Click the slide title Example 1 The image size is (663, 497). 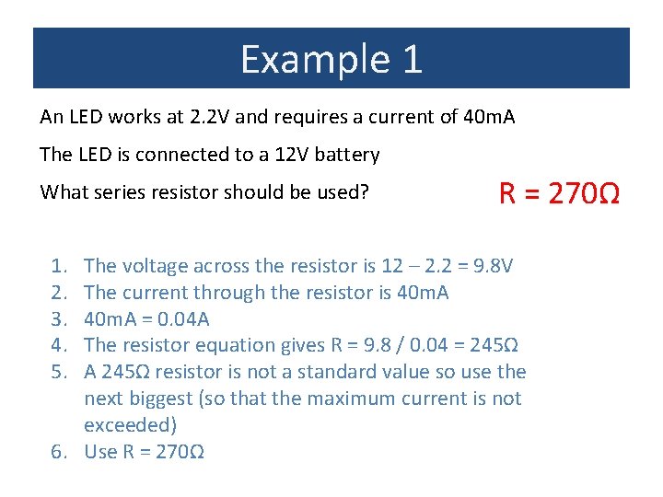tap(331, 59)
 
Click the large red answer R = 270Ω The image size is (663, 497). tap(559, 194)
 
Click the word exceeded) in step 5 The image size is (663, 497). tap(130, 425)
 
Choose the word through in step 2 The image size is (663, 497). tap(222, 293)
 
